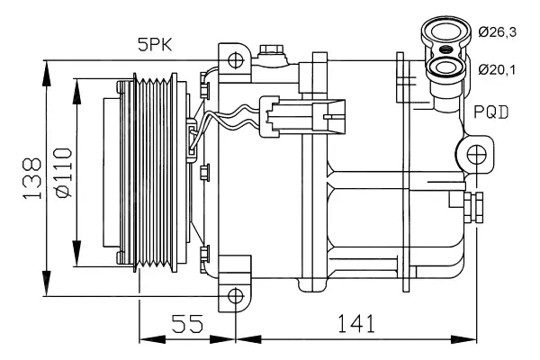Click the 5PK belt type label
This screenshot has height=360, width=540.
coord(155,45)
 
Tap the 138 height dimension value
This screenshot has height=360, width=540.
coord(32,178)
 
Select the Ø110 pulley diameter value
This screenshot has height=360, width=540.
coord(64,173)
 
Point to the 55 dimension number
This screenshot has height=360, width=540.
coord(188,323)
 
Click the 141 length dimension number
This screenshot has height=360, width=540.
coord(355,323)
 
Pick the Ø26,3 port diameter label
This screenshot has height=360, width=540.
coord(498,32)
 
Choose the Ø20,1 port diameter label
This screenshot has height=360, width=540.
coord(497,70)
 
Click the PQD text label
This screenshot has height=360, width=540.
coord(491,112)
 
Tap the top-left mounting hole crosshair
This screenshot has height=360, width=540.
coord(236,60)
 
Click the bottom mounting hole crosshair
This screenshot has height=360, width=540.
coord(236,296)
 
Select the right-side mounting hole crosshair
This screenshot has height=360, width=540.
coord(476,154)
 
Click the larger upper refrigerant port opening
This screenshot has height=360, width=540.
coord(446,31)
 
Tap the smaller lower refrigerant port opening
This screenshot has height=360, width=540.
coord(447,67)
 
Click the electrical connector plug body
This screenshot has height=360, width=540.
coord(302,117)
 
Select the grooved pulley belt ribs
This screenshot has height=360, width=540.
coord(154,172)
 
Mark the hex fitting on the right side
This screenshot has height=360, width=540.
coord(473,208)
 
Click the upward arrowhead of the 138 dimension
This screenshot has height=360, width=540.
coord(46,73)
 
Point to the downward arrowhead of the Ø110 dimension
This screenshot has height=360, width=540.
coord(76,254)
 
